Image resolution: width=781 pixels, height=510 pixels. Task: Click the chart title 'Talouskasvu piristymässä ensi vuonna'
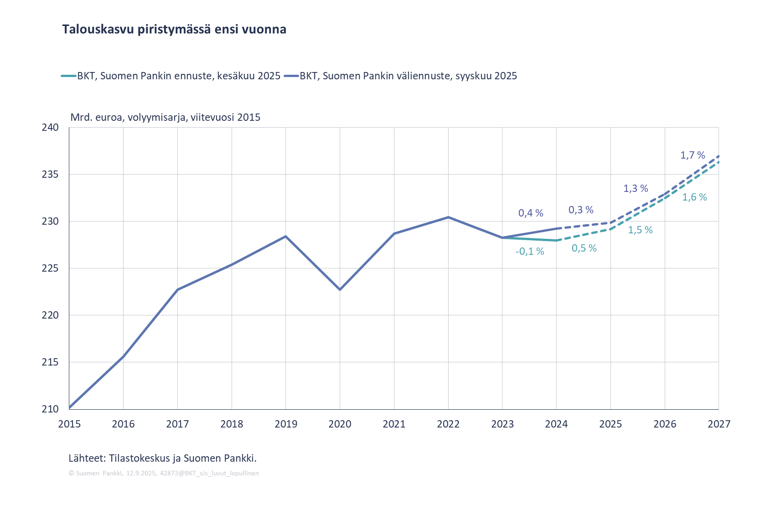[174, 30]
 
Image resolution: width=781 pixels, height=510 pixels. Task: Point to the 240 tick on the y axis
[50, 128]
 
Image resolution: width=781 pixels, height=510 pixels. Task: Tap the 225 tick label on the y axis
[50, 268]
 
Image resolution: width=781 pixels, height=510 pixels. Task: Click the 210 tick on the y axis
[50, 409]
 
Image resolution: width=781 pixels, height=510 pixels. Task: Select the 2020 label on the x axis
[340, 424]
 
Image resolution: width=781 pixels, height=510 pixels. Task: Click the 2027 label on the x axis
[719, 424]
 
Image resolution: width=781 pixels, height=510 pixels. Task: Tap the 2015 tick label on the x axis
[69, 424]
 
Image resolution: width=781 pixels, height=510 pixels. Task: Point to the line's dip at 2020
[340, 289]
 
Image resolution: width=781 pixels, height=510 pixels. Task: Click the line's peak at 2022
[448, 217]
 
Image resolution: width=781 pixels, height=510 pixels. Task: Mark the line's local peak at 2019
[286, 236]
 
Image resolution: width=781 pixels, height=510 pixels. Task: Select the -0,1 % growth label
[530, 252]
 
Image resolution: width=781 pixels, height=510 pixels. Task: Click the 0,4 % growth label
[531, 213]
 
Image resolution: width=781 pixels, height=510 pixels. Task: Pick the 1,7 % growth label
[693, 155]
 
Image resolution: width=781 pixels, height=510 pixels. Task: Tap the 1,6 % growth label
[694, 197]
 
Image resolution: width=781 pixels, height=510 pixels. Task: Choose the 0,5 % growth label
[584, 248]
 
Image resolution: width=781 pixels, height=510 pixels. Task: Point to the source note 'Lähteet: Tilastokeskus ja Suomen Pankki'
[162, 458]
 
